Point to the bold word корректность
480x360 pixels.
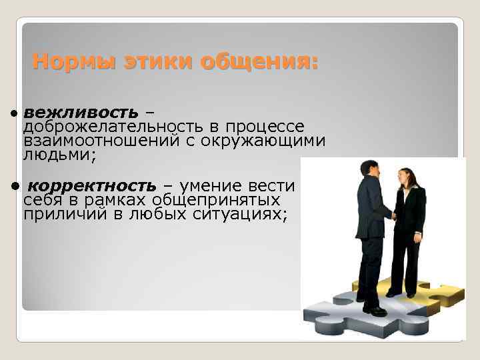(93, 184)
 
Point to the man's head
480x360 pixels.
(369, 169)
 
